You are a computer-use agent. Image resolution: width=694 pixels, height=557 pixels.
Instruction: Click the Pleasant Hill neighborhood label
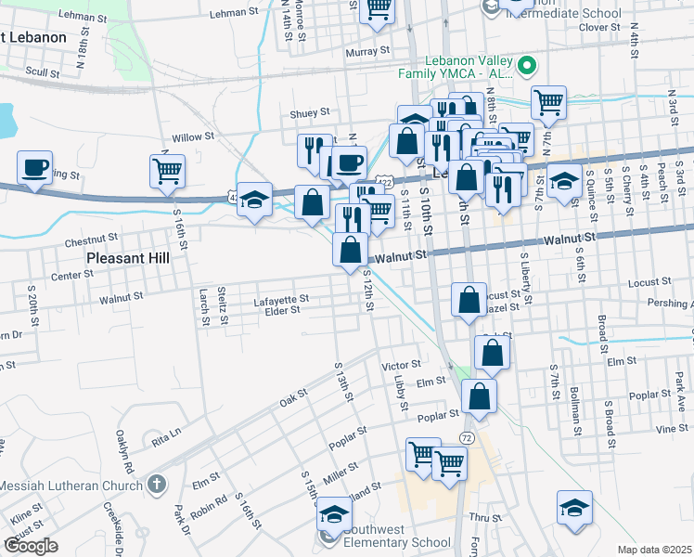pyautogui.click(x=128, y=257)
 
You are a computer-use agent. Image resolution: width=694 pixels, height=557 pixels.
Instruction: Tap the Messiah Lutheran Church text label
pyautogui.click(x=70, y=486)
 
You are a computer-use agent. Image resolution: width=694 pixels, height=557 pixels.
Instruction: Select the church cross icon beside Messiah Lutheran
pyautogui.click(x=157, y=484)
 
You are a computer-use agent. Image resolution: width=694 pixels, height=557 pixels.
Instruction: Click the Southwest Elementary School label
pyautogui.click(x=397, y=542)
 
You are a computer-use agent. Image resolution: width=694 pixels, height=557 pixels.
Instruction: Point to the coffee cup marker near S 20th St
pyautogui.click(x=35, y=168)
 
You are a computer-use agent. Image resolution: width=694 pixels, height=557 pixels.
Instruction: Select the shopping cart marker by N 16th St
pyautogui.click(x=167, y=171)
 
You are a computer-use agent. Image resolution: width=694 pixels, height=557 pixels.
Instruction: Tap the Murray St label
pyautogui.click(x=366, y=52)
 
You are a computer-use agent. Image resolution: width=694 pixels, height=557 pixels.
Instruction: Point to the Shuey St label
pyautogui.click(x=310, y=112)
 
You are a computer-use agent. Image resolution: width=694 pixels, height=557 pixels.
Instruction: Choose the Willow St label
pyautogui.click(x=193, y=136)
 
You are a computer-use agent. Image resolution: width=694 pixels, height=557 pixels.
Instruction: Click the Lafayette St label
pyautogui.click(x=280, y=299)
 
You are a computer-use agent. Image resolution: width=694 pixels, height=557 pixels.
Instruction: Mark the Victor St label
pyautogui.click(x=402, y=365)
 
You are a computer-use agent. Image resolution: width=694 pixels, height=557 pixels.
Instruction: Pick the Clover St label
pyautogui.click(x=592, y=27)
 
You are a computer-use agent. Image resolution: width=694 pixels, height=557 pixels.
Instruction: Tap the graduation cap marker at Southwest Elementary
pyautogui.click(x=334, y=512)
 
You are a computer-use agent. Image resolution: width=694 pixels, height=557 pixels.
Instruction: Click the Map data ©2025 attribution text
pyautogui.click(x=655, y=550)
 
